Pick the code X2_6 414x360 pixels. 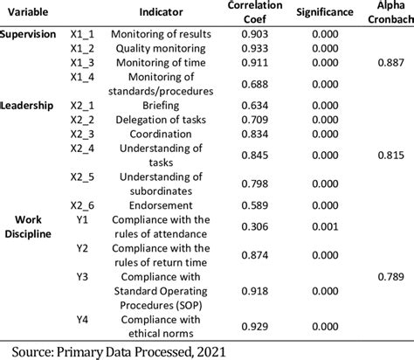[x=82, y=204]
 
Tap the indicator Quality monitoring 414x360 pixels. [x=163, y=48]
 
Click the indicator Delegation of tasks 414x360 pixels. [x=163, y=119]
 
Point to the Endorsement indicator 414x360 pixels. [x=163, y=204]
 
